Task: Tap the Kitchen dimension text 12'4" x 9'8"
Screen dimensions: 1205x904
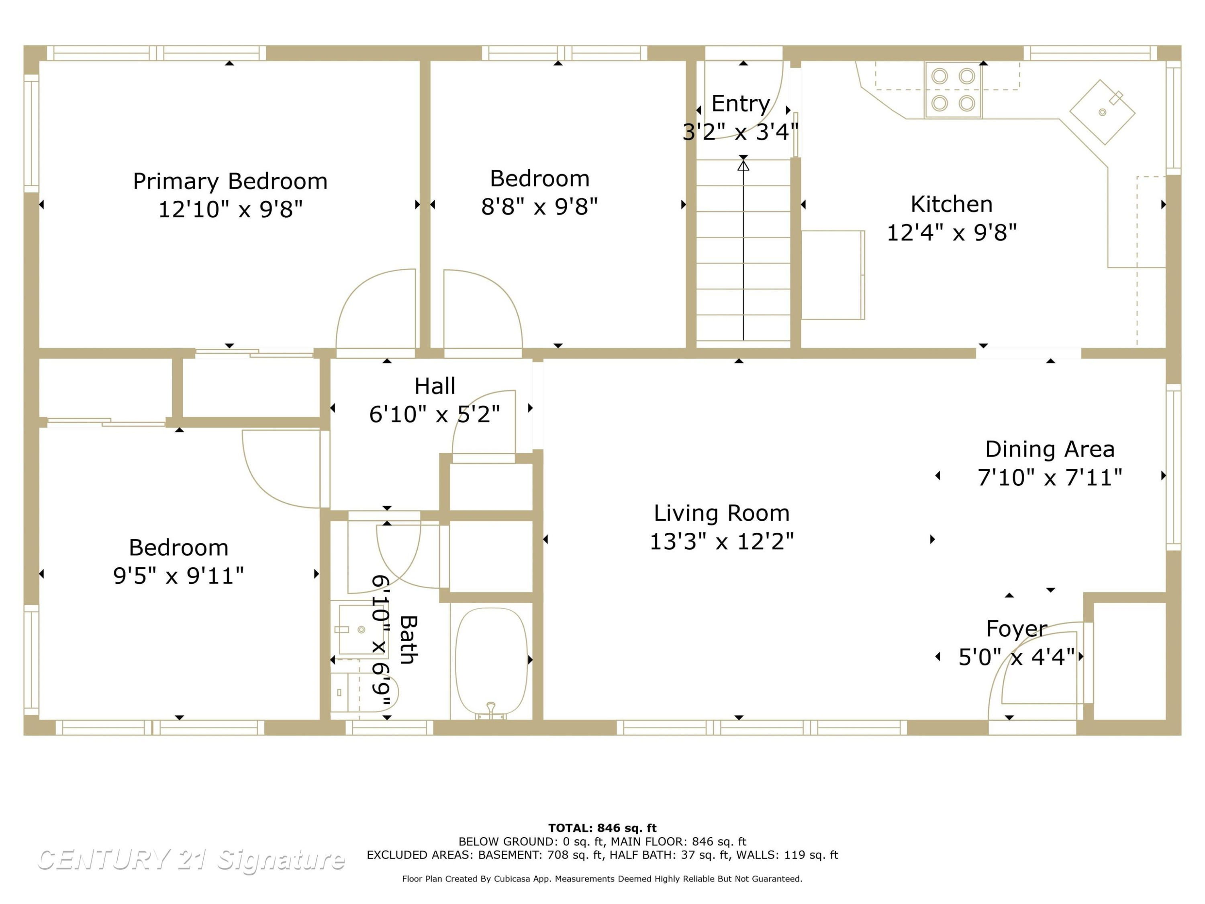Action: coord(952,233)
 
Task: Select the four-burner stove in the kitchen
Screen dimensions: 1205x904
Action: coord(953,90)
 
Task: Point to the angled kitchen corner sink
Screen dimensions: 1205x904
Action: coord(1102,112)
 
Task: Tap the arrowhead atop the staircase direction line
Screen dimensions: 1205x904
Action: coord(743,165)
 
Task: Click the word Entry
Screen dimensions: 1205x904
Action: coord(740,104)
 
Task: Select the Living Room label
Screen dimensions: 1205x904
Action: coord(721,513)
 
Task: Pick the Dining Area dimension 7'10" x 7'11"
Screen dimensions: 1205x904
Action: coord(1050,478)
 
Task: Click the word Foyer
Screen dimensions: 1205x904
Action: coord(1017,629)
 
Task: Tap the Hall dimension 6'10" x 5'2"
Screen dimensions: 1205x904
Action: coord(434,415)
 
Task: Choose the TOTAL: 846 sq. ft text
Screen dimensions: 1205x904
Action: coord(602,828)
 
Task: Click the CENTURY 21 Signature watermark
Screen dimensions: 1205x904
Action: coord(191,859)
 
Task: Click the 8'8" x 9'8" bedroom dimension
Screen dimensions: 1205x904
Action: coord(539,207)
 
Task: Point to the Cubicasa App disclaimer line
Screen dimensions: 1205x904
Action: coord(602,879)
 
